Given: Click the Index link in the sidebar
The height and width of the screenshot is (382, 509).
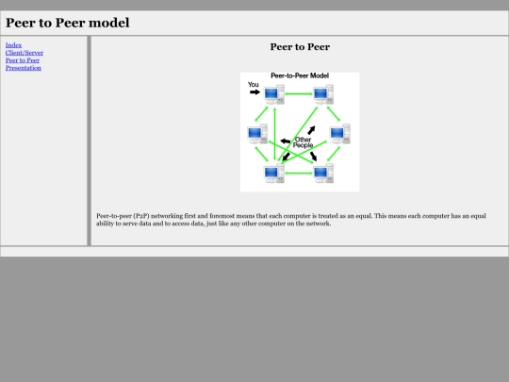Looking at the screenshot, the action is [x=13, y=45].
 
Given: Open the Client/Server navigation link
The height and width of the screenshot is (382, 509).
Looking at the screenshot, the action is [x=25, y=53].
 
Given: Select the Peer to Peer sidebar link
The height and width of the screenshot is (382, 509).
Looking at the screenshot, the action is [x=23, y=60].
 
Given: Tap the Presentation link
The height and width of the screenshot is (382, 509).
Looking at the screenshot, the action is [x=24, y=68].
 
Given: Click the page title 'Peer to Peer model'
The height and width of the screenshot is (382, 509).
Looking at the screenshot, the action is [x=68, y=23].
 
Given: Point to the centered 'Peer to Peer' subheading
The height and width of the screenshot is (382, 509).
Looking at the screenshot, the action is [x=300, y=47].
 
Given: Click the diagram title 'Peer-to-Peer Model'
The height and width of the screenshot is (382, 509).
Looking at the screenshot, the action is [x=300, y=75].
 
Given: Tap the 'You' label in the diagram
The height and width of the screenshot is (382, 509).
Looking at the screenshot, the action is [x=254, y=85].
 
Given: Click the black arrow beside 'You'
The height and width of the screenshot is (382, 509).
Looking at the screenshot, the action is [x=254, y=92].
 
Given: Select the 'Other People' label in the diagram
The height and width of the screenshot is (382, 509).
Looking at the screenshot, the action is [x=303, y=142].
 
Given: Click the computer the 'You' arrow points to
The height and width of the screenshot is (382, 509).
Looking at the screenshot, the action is [x=274, y=94].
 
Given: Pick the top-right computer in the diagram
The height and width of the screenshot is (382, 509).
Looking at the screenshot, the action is [x=323, y=94].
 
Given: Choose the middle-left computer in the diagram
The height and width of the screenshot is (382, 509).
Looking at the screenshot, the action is [x=257, y=134].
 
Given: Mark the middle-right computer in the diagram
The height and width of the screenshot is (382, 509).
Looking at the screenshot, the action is [x=340, y=134].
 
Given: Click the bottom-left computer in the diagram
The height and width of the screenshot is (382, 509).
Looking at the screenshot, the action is [x=274, y=174].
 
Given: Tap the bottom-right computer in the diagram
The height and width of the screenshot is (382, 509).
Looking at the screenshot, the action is [x=323, y=174].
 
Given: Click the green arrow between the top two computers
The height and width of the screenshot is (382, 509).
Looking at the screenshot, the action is [x=299, y=94].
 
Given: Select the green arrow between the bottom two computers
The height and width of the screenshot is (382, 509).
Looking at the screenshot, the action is [x=299, y=174].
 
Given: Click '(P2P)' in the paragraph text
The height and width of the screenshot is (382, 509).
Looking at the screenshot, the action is [x=141, y=216].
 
